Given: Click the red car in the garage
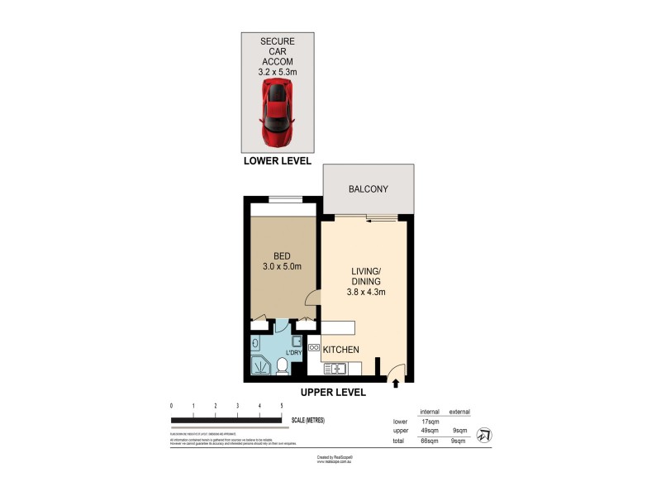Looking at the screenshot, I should point(277,113).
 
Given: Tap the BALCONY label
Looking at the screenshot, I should point(368,189).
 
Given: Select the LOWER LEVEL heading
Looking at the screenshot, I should point(277,161).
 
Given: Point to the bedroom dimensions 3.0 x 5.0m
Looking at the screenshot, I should point(281,266).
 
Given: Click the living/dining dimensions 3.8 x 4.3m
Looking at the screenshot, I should point(366,291).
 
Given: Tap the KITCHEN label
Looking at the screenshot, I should point(340,350).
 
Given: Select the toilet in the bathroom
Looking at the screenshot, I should point(281,365).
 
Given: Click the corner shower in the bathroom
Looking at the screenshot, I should point(259,366).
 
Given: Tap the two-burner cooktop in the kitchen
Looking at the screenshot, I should point(314,349).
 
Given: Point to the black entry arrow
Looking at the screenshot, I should point(396,383).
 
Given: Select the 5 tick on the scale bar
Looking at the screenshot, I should point(282,406).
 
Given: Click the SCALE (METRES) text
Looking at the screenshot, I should point(308,420).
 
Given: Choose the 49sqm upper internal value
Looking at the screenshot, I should point(429,431).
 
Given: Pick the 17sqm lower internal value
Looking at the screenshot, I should point(429,422).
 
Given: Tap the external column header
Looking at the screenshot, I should point(460,411).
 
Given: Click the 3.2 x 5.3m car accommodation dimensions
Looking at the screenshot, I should point(277,72).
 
